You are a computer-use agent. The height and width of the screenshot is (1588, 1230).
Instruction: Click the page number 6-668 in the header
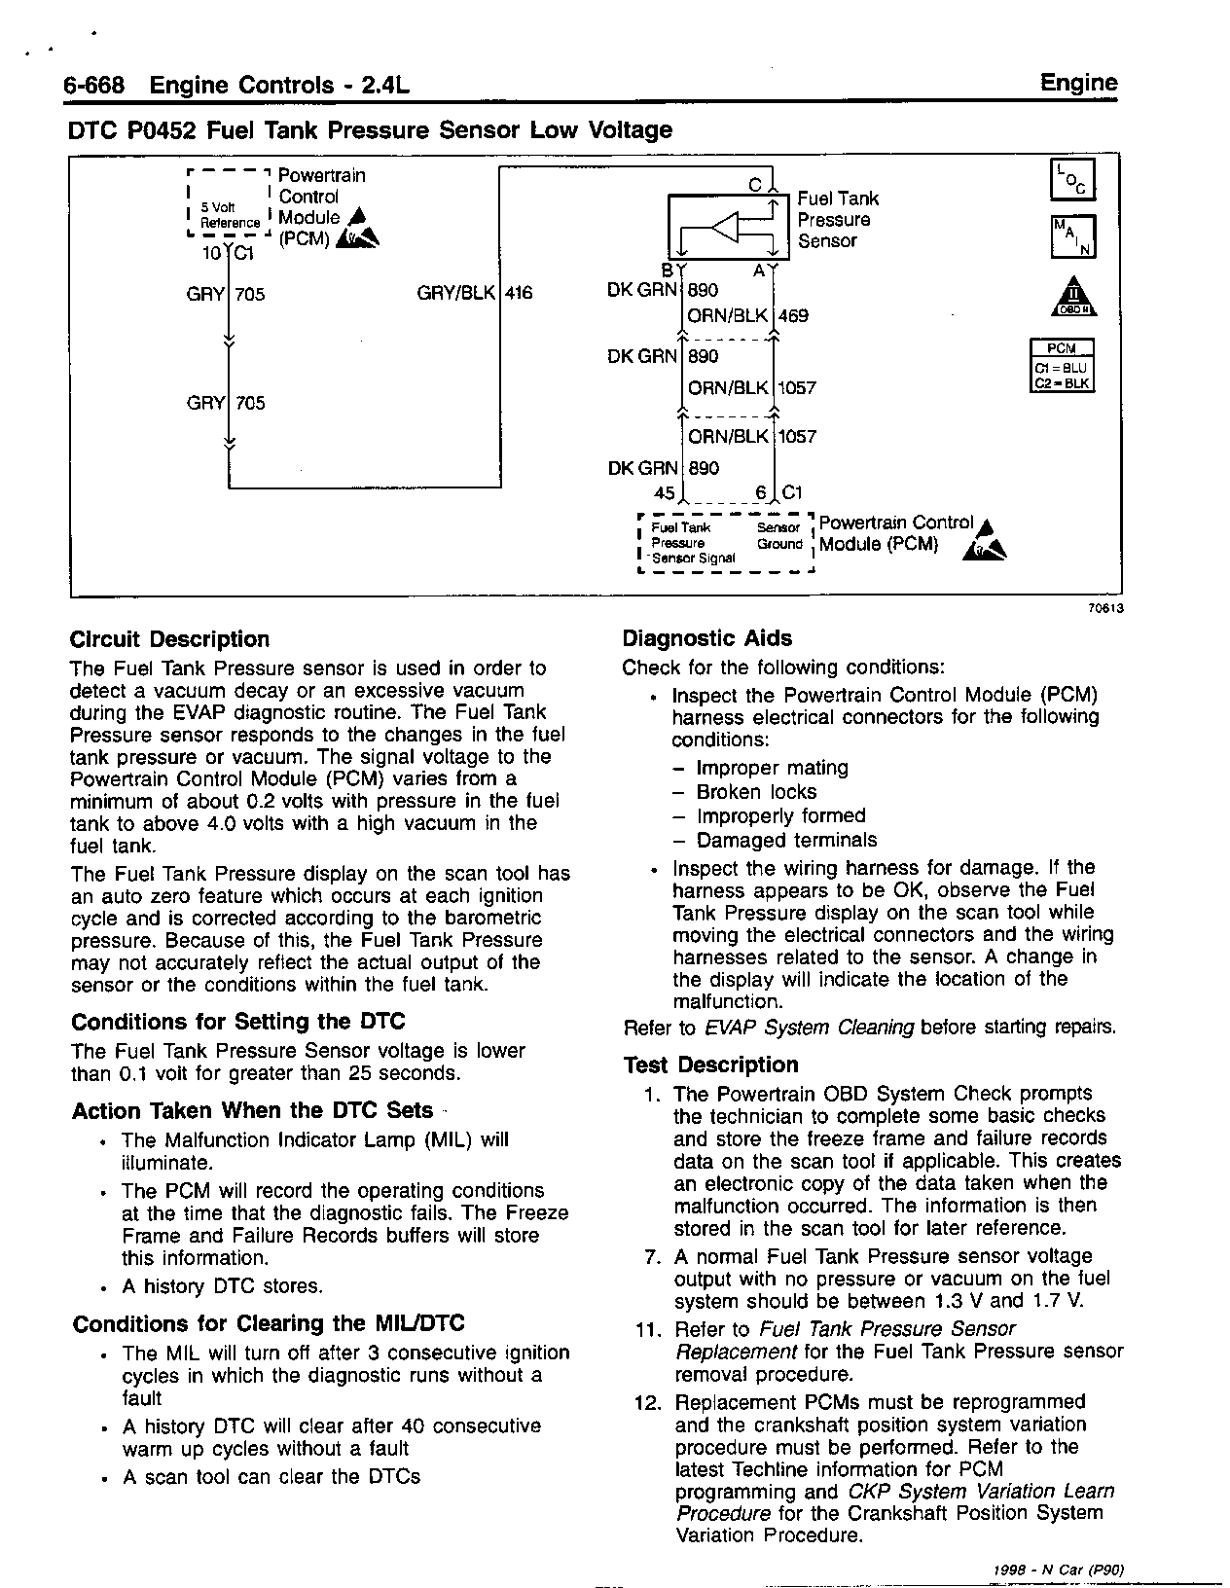point(94,86)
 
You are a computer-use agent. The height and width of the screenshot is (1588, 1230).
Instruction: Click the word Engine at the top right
point(1079,83)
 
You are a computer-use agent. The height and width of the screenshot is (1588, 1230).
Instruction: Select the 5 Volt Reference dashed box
point(229,203)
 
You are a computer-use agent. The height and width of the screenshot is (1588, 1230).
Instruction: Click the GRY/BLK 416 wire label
point(474,293)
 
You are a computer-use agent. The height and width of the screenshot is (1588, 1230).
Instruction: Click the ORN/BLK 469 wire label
point(747,315)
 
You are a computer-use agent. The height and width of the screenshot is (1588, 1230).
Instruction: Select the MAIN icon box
point(1073,235)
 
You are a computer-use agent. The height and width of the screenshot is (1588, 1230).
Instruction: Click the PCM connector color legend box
point(1062,366)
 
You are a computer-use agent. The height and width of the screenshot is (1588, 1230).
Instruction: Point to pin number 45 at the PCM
point(665,492)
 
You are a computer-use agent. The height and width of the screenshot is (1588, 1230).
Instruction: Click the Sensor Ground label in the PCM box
point(779,536)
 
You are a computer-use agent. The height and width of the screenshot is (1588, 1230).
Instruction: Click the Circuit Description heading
point(169,639)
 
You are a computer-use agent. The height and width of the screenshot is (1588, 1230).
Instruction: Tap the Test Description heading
point(710,1065)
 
